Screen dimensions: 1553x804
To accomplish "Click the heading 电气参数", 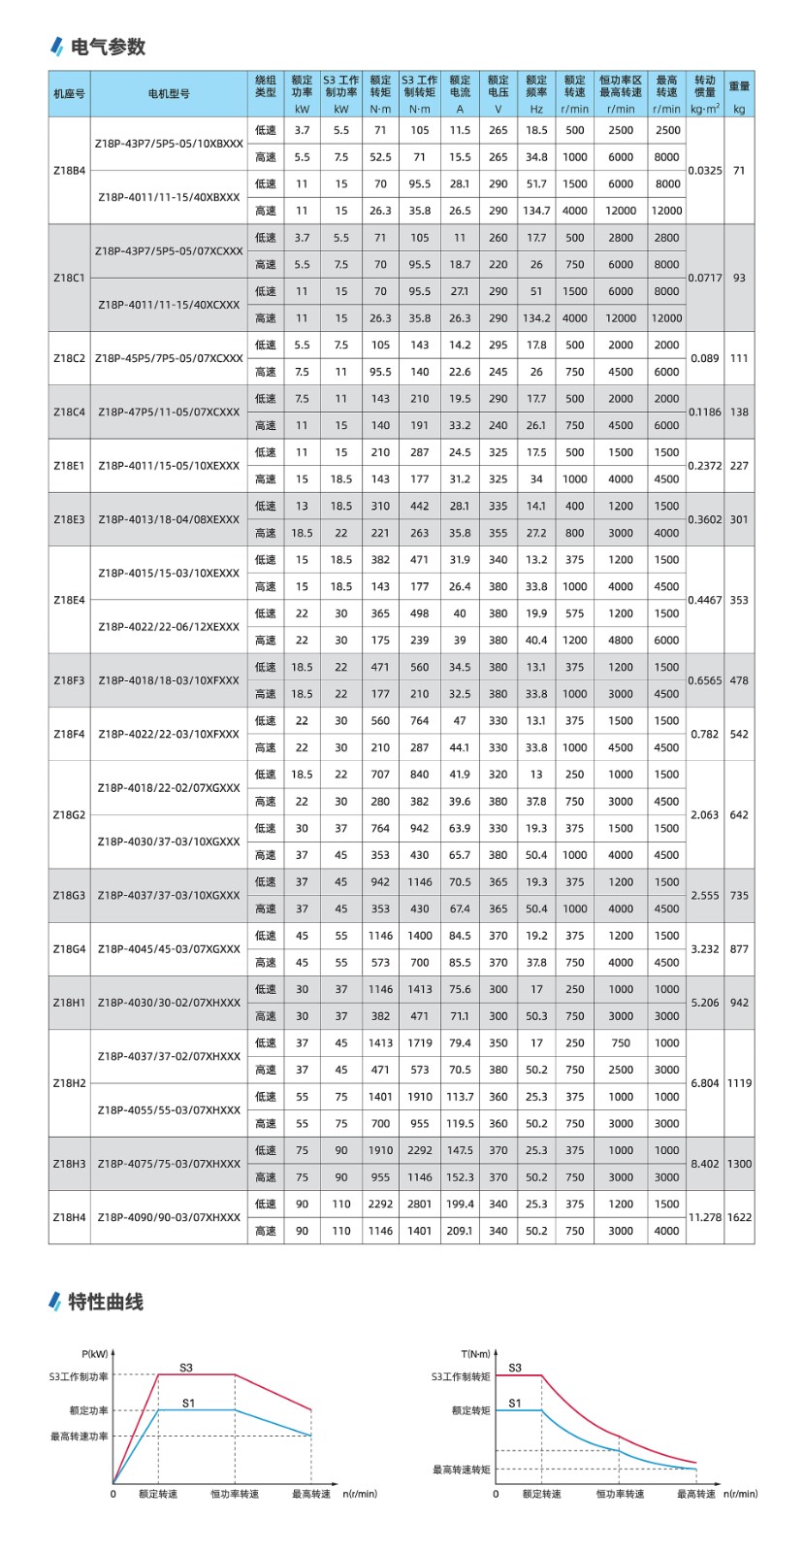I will (x=108, y=47).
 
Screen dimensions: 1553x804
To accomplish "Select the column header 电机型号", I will (x=169, y=94).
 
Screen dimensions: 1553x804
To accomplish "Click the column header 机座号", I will (x=69, y=94).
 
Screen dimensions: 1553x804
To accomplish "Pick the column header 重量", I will (x=739, y=86).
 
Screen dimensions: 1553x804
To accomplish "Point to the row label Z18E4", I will (x=69, y=600).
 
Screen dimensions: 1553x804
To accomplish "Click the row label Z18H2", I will (x=69, y=1083).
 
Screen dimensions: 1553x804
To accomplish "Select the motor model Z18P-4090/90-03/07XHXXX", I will (x=169, y=1217).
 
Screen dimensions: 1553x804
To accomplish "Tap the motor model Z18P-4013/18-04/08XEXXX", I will (x=169, y=519).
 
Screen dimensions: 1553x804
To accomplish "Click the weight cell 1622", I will (x=739, y=1217).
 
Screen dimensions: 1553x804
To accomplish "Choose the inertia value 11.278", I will (x=705, y=1217).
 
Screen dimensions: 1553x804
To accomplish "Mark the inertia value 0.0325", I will (x=705, y=171).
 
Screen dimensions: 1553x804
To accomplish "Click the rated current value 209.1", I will (x=460, y=1231).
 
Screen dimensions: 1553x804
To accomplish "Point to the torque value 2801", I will (x=419, y=1204).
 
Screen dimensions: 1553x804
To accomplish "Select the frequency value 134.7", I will (x=536, y=211).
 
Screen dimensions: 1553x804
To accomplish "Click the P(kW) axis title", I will (x=95, y=1353).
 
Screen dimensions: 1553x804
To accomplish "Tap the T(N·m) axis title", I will (x=476, y=1353).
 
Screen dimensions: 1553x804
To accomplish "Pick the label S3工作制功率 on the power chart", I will (x=80, y=1376).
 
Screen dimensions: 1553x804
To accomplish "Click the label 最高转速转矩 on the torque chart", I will (x=462, y=1470).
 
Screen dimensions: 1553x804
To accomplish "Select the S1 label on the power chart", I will (x=188, y=1403).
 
